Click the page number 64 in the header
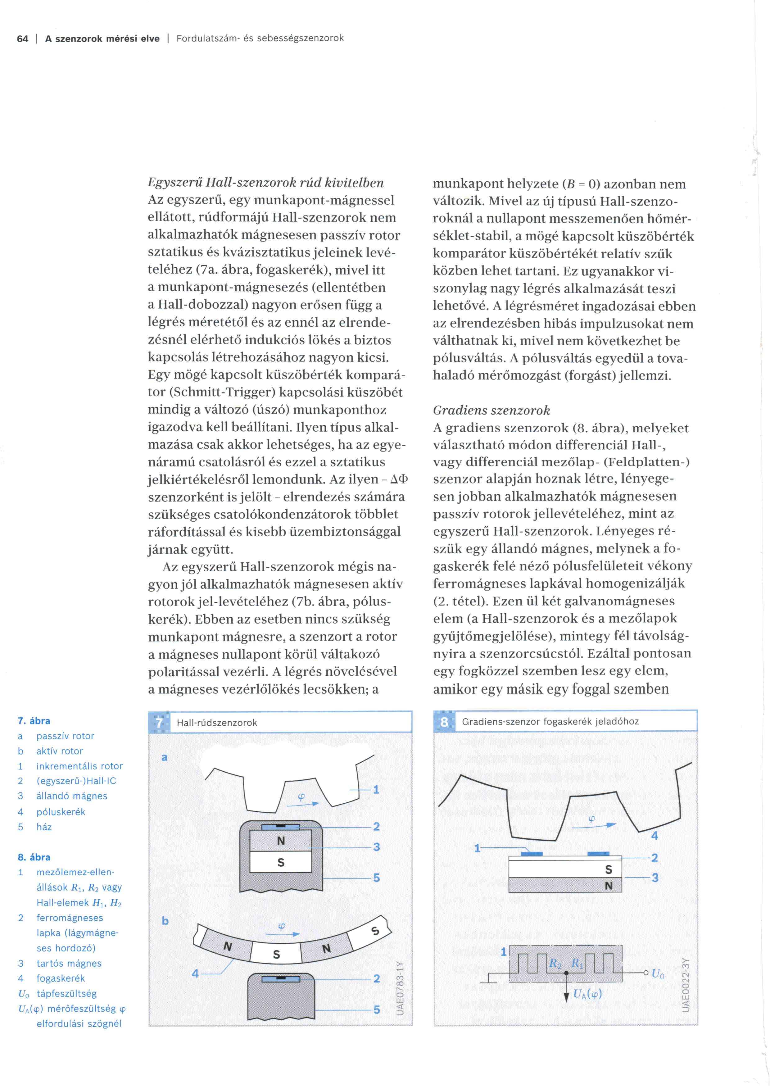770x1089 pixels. click(22, 39)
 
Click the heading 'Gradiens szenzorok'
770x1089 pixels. click(491, 410)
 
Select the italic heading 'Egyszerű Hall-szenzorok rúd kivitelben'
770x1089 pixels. click(265, 183)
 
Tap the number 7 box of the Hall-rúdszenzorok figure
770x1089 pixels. click(159, 722)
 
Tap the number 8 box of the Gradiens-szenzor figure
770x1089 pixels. click(444, 721)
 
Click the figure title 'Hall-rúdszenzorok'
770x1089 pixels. click(217, 722)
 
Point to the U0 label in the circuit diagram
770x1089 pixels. click(658, 974)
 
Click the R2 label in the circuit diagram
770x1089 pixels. click(555, 963)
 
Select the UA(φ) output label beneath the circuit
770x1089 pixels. click(587, 994)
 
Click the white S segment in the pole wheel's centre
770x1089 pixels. click(276, 954)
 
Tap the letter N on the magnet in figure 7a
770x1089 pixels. click(281, 841)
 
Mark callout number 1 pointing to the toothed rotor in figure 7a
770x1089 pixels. click(376, 790)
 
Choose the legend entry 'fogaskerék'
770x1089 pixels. click(61, 978)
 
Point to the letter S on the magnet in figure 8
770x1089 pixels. click(609, 869)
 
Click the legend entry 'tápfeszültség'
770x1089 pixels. click(66, 993)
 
